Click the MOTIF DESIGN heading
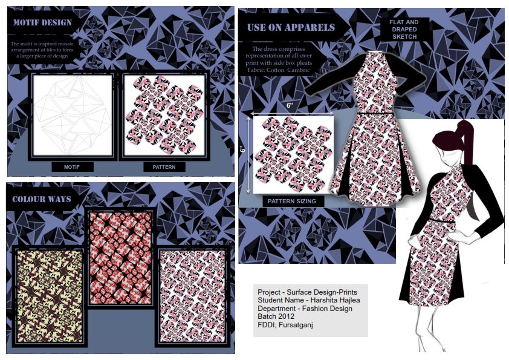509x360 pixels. (42, 23)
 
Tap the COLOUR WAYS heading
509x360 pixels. (42, 199)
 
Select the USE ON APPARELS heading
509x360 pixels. (291, 27)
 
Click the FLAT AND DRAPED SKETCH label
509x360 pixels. (404, 29)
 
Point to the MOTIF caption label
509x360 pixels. (72, 167)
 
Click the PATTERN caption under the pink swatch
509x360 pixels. (164, 167)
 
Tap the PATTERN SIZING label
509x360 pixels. (292, 201)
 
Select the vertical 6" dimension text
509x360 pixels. (243, 149)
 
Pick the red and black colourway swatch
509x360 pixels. (120, 258)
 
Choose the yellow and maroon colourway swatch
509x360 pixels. (50, 296)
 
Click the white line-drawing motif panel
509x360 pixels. (73, 116)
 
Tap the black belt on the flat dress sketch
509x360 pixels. (375, 113)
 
